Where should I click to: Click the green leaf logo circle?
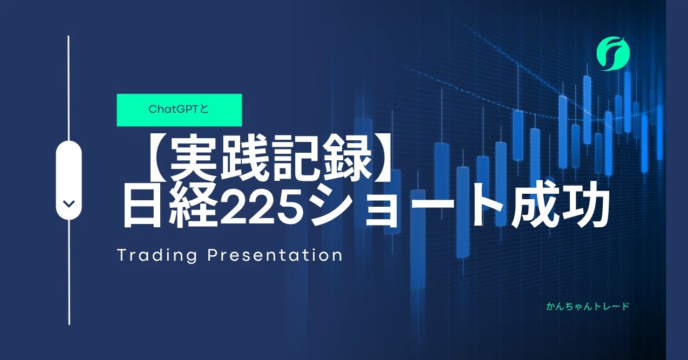[x=613, y=54]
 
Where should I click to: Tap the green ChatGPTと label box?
[x=179, y=110]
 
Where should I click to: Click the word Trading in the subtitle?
[x=157, y=256]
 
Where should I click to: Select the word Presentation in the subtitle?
[x=275, y=255]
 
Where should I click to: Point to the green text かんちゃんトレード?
[x=588, y=307]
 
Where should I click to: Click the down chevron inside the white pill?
[x=69, y=203]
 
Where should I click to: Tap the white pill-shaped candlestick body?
[x=69, y=180]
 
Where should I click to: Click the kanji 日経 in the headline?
[x=168, y=206]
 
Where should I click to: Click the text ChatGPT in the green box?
[x=174, y=110]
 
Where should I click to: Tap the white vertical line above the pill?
[x=69, y=88]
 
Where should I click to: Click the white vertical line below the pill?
[x=69, y=272]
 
